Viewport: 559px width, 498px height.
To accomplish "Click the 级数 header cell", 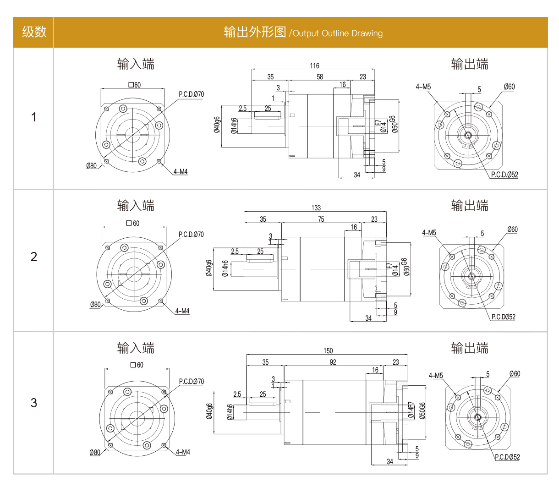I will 34,32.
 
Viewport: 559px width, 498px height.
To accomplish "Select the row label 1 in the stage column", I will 33,117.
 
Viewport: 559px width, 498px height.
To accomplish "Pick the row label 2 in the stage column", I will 33,257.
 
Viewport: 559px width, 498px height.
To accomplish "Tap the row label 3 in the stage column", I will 33,403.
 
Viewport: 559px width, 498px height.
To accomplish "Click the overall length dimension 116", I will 314,66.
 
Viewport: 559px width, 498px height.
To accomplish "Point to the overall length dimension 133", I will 316,208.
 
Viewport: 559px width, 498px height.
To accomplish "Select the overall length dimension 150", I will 328,350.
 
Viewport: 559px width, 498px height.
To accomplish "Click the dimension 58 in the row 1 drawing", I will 320,77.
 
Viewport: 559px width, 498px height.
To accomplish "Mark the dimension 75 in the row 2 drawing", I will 321,219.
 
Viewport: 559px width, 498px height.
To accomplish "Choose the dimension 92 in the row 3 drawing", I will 333,362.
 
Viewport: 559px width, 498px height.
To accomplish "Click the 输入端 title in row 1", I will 136,64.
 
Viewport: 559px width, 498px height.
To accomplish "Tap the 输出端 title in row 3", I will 470,348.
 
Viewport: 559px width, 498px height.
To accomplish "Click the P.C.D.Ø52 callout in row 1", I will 504,175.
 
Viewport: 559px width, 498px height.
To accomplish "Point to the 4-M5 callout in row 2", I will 429,233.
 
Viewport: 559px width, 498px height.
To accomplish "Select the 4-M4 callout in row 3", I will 183,452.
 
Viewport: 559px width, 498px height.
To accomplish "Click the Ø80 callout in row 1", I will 92,165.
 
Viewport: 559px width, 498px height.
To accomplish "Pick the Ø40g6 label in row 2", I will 209,268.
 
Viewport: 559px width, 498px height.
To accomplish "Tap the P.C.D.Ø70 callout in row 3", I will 192,381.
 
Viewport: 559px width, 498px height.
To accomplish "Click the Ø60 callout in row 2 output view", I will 512,229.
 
